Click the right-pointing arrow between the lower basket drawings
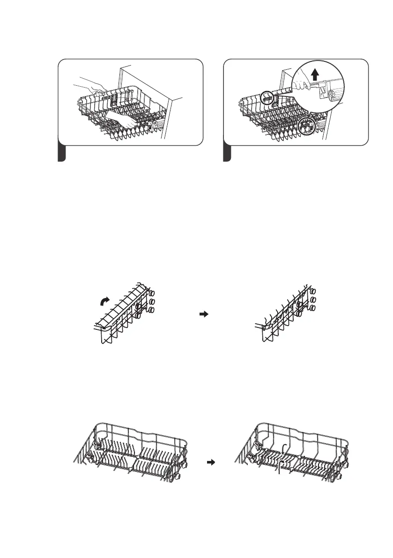(x=210, y=462)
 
